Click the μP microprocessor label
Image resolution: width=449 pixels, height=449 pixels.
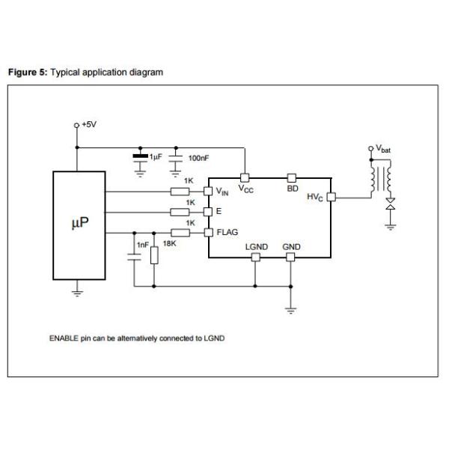[x=80, y=222]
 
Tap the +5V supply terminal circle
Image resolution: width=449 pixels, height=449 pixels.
[x=76, y=126]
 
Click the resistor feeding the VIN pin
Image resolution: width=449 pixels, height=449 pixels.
[x=180, y=192]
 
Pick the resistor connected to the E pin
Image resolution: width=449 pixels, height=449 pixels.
[x=180, y=213]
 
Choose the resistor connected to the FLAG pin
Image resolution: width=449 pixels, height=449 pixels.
[x=180, y=233]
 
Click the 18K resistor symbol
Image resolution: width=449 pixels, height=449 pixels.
[x=154, y=255]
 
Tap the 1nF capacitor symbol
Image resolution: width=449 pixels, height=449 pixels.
[x=134, y=257]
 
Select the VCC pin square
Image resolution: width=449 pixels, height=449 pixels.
[x=245, y=178]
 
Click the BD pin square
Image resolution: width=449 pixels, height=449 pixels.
[x=292, y=178]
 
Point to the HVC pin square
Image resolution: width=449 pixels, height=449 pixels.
[x=332, y=197]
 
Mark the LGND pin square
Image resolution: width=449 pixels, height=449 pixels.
[x=256, y=257]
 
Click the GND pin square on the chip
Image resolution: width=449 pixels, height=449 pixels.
[x=290, y=257]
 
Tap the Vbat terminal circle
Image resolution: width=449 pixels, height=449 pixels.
[x=371, y=148]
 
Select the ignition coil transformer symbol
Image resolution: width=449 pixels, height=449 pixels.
[x=381, y=179]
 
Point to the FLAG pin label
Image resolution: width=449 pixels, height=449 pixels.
[x=227, y=232]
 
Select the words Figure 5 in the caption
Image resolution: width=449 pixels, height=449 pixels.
[x=28, y=72]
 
